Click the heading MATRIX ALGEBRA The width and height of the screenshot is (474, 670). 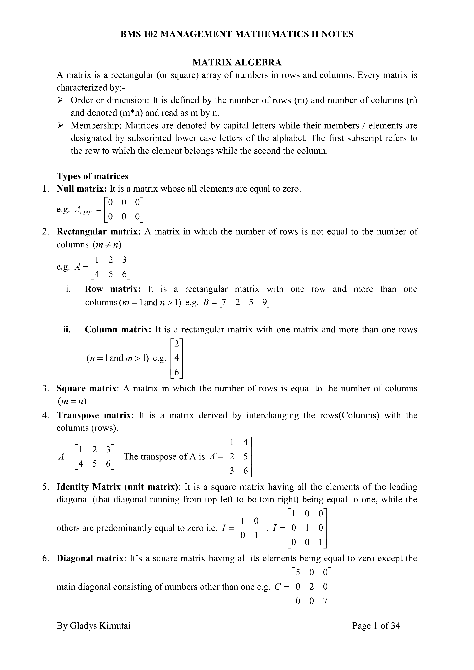(237, 62)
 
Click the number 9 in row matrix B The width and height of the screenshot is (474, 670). (264, 303)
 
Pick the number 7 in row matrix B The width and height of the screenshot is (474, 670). (224, 303)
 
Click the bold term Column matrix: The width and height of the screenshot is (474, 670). (118, 329)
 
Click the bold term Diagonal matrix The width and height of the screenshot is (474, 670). (90, 558)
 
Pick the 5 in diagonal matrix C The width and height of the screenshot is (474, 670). (298, 573)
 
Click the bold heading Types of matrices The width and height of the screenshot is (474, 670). (92, 176)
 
